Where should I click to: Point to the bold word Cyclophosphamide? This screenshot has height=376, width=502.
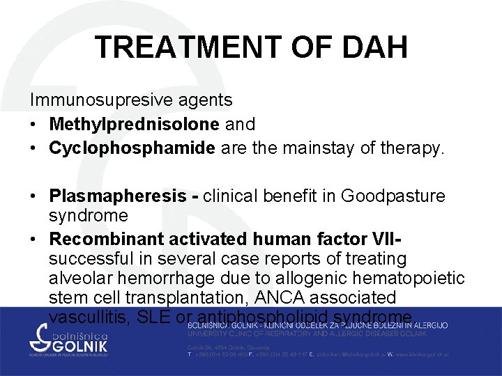click(132, 148)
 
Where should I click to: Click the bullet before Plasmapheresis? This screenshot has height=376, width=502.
click(34, 197)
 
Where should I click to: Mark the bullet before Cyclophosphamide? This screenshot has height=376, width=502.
click(34, 148)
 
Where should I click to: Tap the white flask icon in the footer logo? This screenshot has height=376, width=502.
click(36, 340)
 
